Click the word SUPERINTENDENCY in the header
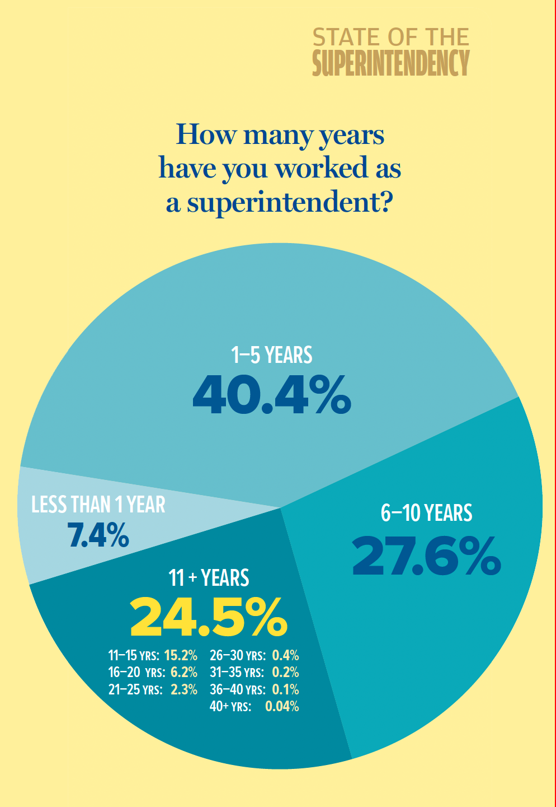tap(390, 63)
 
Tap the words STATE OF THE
tap(390, 38)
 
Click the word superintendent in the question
tap(288, 202)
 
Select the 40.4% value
tap(272, 395)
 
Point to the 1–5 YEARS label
tap(272, 355)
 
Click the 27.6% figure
tap(426, 556)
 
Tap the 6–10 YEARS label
tap(426, 513)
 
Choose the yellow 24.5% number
tap(209, 617)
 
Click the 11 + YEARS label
tap(209, 578)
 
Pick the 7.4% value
tap(98, 535)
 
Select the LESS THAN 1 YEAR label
tap(98, 505)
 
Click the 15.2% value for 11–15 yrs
tap(181, 655)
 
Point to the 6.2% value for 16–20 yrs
tap(183, 672)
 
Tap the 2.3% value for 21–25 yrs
tap(183, 689)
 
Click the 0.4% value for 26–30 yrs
tap(285, 655)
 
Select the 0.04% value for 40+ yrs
tap(282, 706)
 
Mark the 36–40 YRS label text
tap(237, 689)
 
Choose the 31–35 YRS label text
tap(237, 672)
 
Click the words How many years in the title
tap(280, 135)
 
